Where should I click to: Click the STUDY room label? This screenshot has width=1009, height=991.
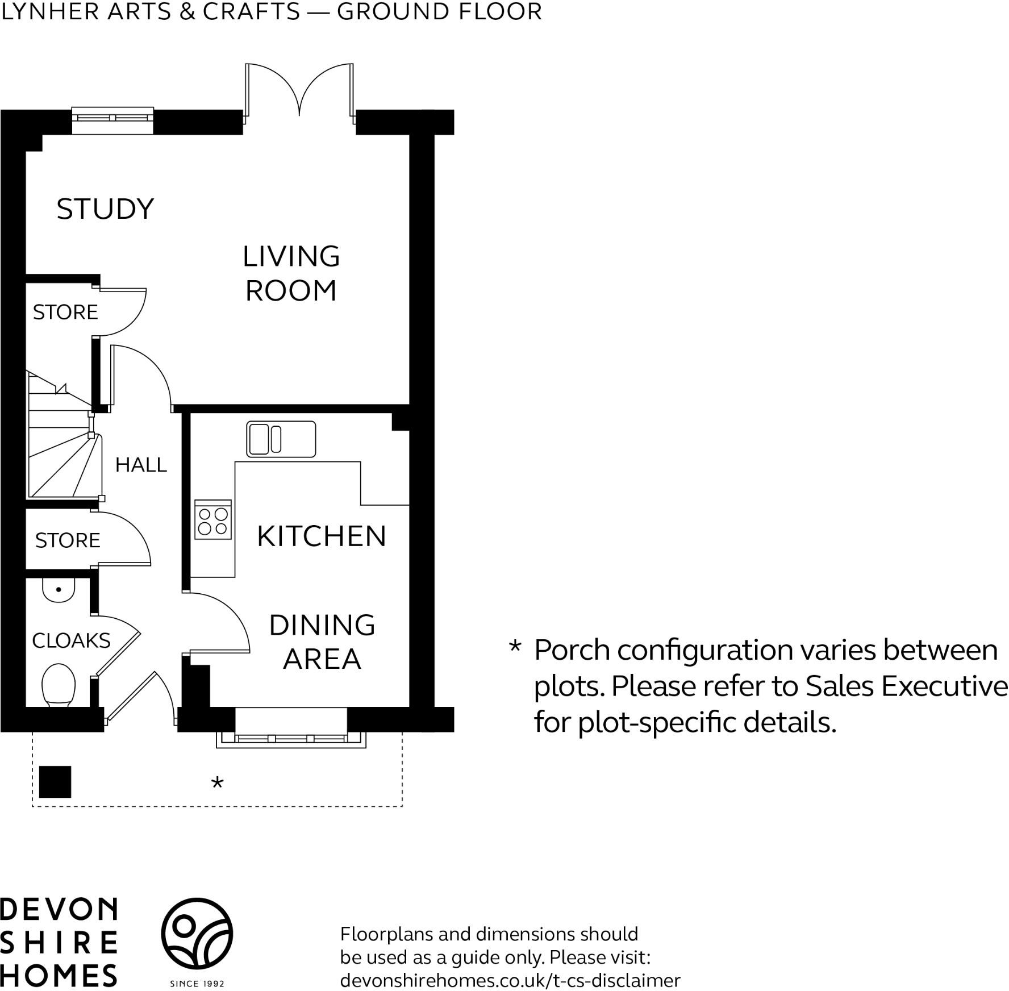[x=105, y=209]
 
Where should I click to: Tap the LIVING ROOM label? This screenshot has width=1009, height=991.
[x=291, y=273]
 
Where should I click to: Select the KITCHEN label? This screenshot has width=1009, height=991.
[x=322, y=536]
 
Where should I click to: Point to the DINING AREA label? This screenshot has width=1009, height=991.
[x=322, y=642]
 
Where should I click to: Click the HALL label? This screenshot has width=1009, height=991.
[x=141, y=465]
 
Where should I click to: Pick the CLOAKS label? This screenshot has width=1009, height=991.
[x=71, y=640]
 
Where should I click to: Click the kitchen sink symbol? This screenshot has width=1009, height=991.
[x=281, y=439]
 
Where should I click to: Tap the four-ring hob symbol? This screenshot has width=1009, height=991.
[x=213, y=521]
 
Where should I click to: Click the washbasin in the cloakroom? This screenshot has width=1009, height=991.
[x=59, y=590]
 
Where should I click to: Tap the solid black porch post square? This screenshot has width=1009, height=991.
[x=55, y=782]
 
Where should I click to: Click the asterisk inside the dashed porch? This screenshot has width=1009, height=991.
[x=217, y=783]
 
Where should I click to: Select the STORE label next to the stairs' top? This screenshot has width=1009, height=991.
[x=65, y=312]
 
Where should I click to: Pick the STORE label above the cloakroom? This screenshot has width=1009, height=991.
[x=68, y=540]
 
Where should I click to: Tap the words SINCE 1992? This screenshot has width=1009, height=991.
[x=197, y=984]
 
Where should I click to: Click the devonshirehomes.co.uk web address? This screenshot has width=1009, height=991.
[x=510, y=980]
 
